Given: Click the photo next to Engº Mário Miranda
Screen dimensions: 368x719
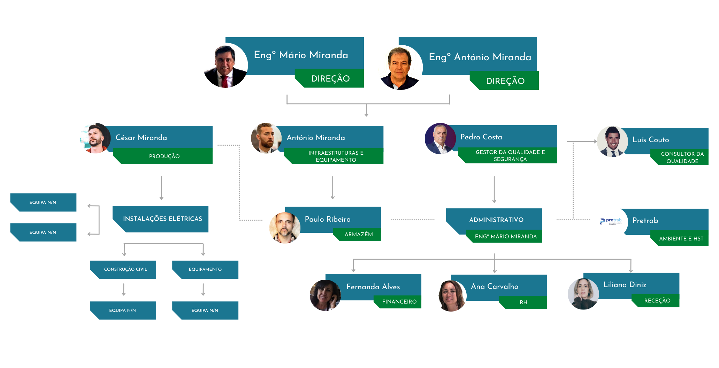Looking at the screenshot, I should click(225, 65).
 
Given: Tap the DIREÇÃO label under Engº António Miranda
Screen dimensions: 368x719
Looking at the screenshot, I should click(505, 81).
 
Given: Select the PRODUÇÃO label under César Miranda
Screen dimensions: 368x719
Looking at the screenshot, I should click(164, 156).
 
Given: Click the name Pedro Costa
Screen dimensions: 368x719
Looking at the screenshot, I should click(481, 137).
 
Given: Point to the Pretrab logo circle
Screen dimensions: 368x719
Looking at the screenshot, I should click(612, 222).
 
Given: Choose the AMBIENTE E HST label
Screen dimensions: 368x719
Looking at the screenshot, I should click(681, 239).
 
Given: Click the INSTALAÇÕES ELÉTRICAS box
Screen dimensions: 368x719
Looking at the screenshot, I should click(162, 219).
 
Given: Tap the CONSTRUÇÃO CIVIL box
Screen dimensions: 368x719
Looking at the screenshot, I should click(125, 269).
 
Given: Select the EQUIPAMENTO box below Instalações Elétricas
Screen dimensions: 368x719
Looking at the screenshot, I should click(205, 269).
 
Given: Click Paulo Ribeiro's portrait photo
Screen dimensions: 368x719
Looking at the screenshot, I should click(285, 228).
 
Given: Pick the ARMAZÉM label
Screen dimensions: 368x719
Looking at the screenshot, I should click(359, 235).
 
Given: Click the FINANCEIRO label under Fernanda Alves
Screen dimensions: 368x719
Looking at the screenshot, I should click(399, 302).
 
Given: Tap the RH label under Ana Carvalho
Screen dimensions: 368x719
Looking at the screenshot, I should click(523, 302).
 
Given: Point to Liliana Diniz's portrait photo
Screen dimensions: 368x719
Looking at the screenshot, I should click(583, 294).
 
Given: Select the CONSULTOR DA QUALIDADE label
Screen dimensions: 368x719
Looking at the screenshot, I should click(682, 158).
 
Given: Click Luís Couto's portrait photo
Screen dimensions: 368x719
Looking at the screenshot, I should click(612, 141).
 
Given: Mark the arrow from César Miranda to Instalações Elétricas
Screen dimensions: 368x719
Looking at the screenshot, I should click(161, 188).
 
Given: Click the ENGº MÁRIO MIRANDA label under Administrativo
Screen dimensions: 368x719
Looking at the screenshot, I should click(505, 237).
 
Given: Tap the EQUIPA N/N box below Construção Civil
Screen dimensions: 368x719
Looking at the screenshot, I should click(123, 310).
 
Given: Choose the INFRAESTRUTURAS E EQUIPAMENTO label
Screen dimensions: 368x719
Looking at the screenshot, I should click(336, 156).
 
